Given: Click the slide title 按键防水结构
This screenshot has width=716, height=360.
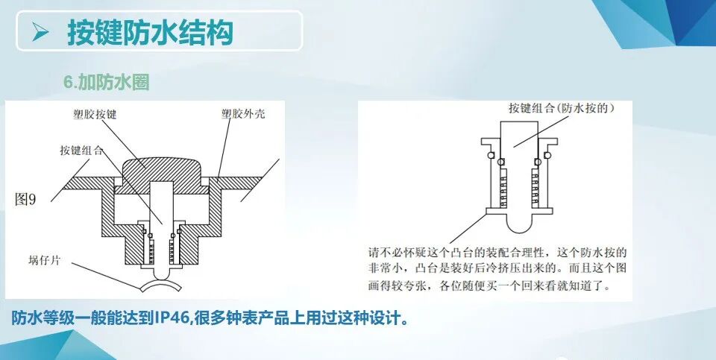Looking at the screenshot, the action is tap(150, 32).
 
